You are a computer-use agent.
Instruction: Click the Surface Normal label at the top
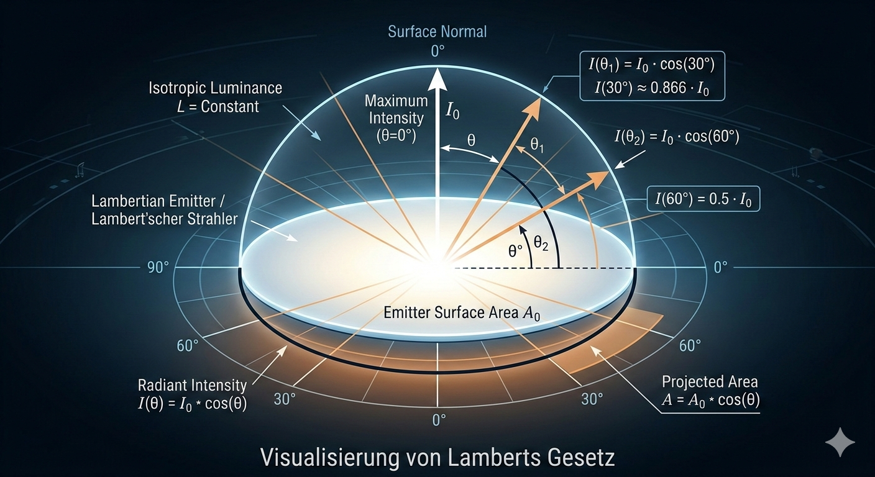point(437,32)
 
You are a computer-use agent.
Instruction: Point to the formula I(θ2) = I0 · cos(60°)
point(677,138)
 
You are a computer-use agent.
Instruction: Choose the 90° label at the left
point(158,268)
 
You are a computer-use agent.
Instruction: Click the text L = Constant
point(218,106)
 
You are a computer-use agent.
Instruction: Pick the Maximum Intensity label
point(396,116)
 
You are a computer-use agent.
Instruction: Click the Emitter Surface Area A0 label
point(462,314)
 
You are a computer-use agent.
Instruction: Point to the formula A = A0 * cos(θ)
point(710,399)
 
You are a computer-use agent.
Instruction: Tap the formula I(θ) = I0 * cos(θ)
point(192,404)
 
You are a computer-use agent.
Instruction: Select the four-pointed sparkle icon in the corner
point(840,442)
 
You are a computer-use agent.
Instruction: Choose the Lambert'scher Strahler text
point(165,220)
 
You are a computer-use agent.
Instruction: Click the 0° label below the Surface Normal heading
point(438,51)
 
